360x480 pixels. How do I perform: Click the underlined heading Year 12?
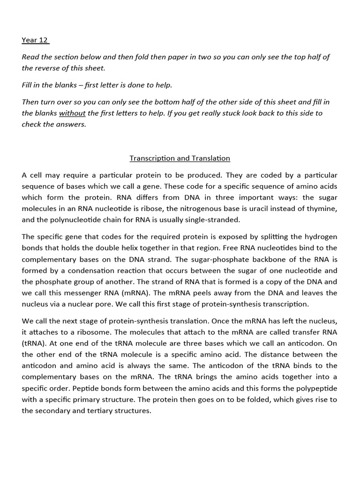pos(35,40)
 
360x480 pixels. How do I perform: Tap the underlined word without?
pos(72,113)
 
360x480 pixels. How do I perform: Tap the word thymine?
pos(321,209)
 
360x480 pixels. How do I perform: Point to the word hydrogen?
pos(319,237)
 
